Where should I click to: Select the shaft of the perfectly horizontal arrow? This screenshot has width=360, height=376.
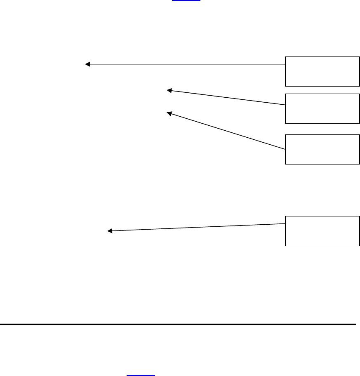pos(186,64)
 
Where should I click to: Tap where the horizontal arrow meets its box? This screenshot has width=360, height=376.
pos(285,64)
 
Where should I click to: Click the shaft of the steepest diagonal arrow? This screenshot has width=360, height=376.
pos(227,131)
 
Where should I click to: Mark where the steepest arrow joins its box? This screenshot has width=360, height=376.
pos(285,148)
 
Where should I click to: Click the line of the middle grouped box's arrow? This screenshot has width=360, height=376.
pos(227,98)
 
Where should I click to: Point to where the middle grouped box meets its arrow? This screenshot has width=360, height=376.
pos(285,105)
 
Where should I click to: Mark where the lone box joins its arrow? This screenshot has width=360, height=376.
pos(285,224)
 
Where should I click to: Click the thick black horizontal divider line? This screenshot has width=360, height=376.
pos(177,324)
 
